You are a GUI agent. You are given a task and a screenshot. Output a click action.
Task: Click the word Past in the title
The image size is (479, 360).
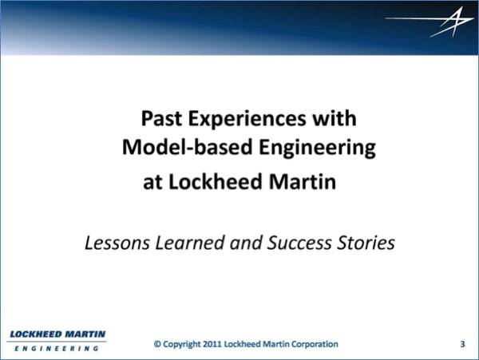pos(161,118)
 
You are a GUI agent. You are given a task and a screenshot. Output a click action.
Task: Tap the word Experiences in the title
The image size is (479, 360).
pos(247,120)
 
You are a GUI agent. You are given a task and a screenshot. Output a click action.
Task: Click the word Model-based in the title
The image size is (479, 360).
pos(187,147)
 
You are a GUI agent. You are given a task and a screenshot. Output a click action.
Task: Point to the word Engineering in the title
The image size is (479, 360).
pos(318,148)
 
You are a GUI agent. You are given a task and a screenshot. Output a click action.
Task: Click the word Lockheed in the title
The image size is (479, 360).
pos(216,181)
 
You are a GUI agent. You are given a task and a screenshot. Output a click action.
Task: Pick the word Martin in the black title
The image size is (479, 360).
pos(303,181)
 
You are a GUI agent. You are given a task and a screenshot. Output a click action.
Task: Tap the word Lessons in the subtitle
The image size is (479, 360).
pos(117,243)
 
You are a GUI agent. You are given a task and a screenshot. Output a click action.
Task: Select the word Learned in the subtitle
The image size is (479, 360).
pos(190,243)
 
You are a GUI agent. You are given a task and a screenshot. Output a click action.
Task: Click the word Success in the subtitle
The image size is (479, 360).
pos(299,243)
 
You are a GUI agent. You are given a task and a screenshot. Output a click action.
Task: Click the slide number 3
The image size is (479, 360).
pos(462,344)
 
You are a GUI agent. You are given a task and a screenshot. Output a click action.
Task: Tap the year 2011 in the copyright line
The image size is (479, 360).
pos(212,344)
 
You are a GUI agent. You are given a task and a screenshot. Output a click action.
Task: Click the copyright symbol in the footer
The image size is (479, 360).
pos(157,344)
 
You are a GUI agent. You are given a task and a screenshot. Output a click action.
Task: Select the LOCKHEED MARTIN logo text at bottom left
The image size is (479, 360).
pos(57,334)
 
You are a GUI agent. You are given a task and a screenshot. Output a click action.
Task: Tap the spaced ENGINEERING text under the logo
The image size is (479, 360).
pos(57,348)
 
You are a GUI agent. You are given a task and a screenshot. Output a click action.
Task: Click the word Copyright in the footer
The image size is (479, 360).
pos(182,344)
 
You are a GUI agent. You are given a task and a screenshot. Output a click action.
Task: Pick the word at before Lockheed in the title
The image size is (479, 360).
pos(152,183)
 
